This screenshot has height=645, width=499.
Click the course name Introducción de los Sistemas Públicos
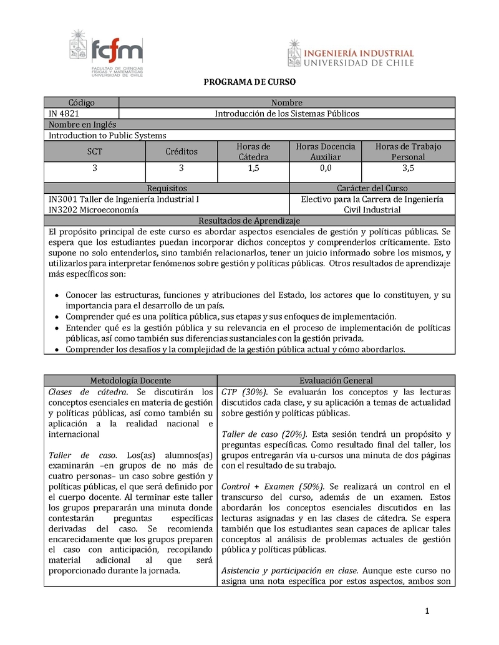coord(287,113)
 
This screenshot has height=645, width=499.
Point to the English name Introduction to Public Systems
coord(107,135)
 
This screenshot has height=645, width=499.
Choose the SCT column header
coord(95,151)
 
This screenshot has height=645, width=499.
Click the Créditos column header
coord(182,151)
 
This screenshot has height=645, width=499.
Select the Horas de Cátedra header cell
coord(253,151)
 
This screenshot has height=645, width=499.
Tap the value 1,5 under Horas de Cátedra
coord(253,168)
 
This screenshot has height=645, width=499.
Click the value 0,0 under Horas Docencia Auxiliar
coord(326,168)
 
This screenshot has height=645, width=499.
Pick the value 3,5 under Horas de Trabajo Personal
coord(408,168)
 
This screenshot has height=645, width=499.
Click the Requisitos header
coord(167,188)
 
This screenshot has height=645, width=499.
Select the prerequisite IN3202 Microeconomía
coord(94,210)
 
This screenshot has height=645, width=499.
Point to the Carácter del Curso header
coord(372,188)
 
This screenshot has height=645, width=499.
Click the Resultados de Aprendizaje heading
coord(249,221)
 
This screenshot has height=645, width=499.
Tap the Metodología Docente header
coord(130,380)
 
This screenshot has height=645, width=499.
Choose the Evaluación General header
coord(336,380)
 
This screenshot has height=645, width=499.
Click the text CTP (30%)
coord(245,391)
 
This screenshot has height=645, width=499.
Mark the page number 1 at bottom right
coord(427,611)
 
